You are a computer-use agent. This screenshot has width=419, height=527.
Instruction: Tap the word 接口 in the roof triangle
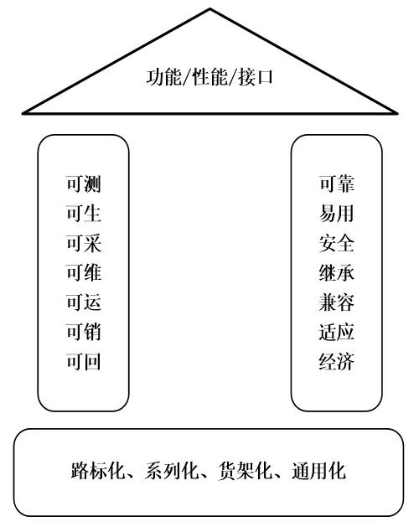[x=256, y=77]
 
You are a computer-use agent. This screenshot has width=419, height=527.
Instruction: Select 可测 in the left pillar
[x=84, y=183]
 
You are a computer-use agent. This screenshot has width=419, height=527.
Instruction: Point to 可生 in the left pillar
[x=84, y=214]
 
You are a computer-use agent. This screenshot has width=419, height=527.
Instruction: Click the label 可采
[x=84, y=243]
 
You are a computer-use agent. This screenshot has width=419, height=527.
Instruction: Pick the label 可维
[x=84, y=272]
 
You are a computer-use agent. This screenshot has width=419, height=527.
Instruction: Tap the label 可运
[x=84, y=302]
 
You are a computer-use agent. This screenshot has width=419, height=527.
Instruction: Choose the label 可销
[x=84, y=332]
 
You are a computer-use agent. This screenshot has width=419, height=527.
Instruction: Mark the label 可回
[x=84, y=362]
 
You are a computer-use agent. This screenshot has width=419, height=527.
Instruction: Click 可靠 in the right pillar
[x=337, y=183]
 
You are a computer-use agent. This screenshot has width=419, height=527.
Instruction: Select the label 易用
[x=337, y=214]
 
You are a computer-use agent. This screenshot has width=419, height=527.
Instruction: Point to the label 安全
[x=337, y=243]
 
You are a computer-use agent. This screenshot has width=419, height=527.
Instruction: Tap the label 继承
[x=337, y=272]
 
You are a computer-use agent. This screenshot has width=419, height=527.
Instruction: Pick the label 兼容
[x=337, y=302]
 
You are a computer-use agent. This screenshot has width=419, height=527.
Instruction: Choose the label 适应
[x=337, y=332]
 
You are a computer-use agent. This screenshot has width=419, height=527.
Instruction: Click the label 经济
[x=337, y=362]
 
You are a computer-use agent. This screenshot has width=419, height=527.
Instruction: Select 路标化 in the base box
[x=98, y=471]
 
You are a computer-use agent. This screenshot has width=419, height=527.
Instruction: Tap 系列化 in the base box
[x=172, y=471]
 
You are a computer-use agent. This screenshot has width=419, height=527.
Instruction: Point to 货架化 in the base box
[x=246, y=471]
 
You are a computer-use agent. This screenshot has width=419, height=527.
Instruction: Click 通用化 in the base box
[x=319, y=471]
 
